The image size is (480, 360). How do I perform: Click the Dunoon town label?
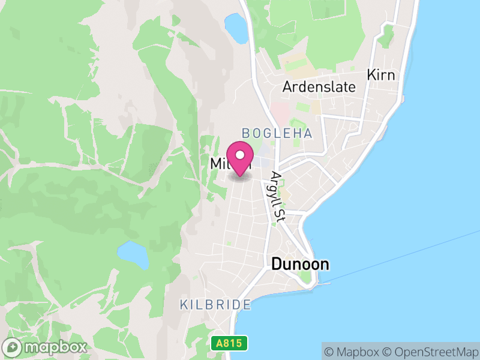(300, 263)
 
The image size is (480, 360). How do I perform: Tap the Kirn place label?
(381, 75)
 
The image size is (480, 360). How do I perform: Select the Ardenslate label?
(319, 86)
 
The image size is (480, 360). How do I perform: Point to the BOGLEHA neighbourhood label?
(277, 133)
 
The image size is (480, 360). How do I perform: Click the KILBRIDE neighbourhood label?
(215, 305)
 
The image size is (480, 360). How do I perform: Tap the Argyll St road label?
(277, 195)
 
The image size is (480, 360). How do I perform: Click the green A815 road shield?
(230, 344)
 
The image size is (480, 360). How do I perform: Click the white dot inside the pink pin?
(240, 155)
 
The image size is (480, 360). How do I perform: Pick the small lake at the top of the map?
(236, 28)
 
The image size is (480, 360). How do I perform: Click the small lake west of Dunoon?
(133, 254)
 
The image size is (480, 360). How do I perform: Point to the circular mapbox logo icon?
(13, 347)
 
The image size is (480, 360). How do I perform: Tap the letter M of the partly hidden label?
(217, 163)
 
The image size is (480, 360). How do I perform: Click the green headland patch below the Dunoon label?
(306, 278)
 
